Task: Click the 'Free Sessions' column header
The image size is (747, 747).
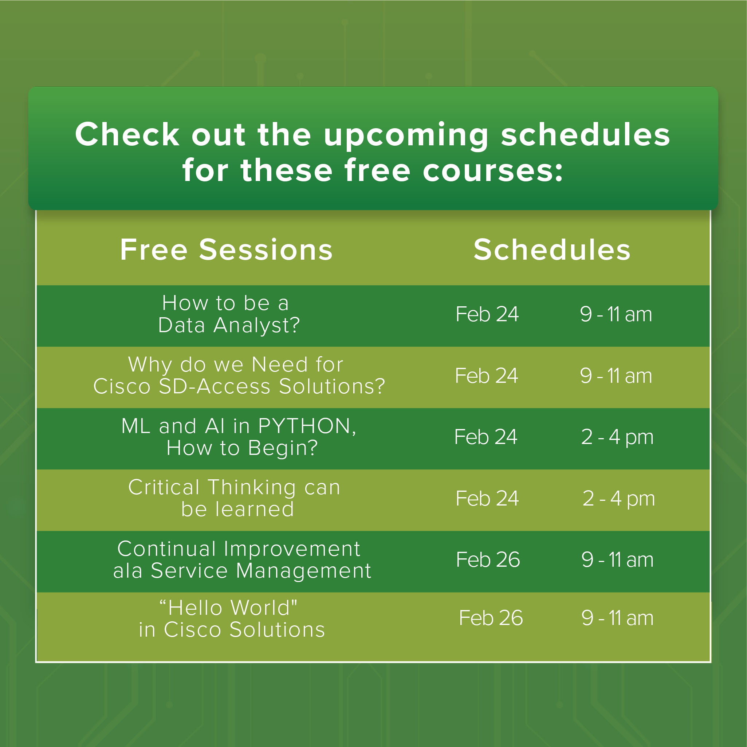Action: (226, 250)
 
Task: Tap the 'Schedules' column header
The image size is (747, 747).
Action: (552, 250)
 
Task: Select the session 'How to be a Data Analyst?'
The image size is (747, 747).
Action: (229, 314)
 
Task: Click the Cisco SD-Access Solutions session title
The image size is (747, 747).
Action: (239, 376)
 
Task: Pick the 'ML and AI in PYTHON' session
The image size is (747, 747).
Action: (239, 437)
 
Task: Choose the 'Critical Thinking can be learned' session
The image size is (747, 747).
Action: (234, 498)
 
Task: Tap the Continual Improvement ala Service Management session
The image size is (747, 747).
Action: (242, 559)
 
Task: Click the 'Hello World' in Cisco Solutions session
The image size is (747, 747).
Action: (232, 619)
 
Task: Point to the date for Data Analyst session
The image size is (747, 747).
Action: (487, 314)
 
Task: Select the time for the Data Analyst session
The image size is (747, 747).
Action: (616, 314)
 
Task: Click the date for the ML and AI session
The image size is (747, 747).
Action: (485, 437)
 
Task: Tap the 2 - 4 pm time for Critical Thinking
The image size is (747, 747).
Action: (619, 498)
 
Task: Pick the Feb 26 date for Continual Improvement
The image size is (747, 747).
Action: (488, 559)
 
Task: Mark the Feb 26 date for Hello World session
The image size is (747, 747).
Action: (491, 618)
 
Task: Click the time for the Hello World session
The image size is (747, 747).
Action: (617, 618)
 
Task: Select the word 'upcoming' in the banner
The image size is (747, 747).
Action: (406, 136)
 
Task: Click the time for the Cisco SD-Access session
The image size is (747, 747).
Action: (616, 376)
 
